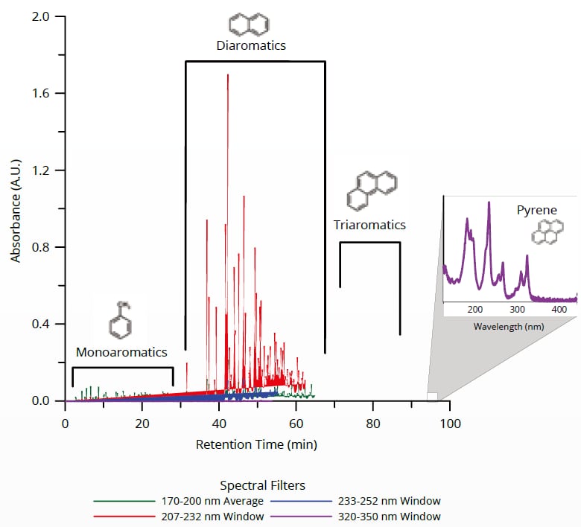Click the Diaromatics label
point(251,46)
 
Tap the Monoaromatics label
point(121,351)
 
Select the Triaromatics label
point(369,225)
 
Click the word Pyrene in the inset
point(536,211)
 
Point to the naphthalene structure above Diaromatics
point(250,25)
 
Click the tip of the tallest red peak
point(227,74)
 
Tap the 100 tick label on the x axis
point(449,424)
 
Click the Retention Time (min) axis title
point(256,445)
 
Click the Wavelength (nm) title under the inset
point(509,327)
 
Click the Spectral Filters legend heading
point(262,485)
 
